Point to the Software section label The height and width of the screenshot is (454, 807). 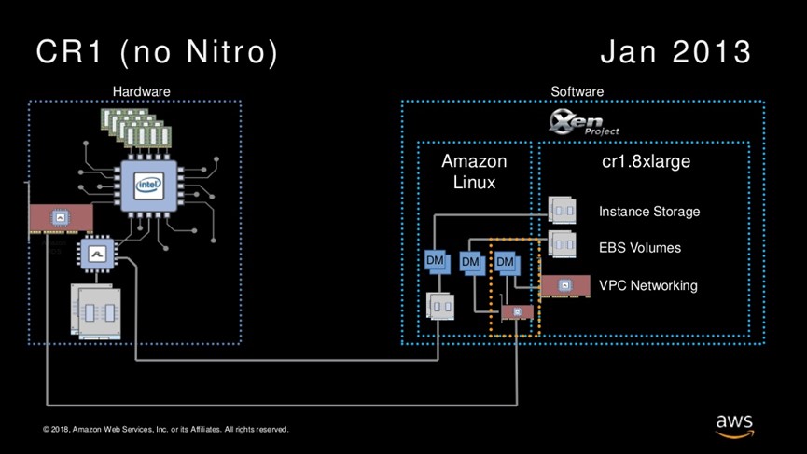click(577, 91)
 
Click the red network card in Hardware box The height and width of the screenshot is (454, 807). click(60, 217)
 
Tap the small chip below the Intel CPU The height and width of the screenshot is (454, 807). click(96, 252)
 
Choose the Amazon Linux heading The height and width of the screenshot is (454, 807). click(474, 172)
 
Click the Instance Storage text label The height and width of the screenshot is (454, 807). click(649, 212)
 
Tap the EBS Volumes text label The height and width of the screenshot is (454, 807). click(640, 248)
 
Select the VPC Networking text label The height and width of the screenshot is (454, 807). click(647, 285)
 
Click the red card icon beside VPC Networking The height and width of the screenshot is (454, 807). click(564, 285)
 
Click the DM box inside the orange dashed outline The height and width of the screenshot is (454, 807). click(506, 263)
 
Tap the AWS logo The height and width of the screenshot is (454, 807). click(734, 424)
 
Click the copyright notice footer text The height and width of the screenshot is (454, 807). click(165, 430)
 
